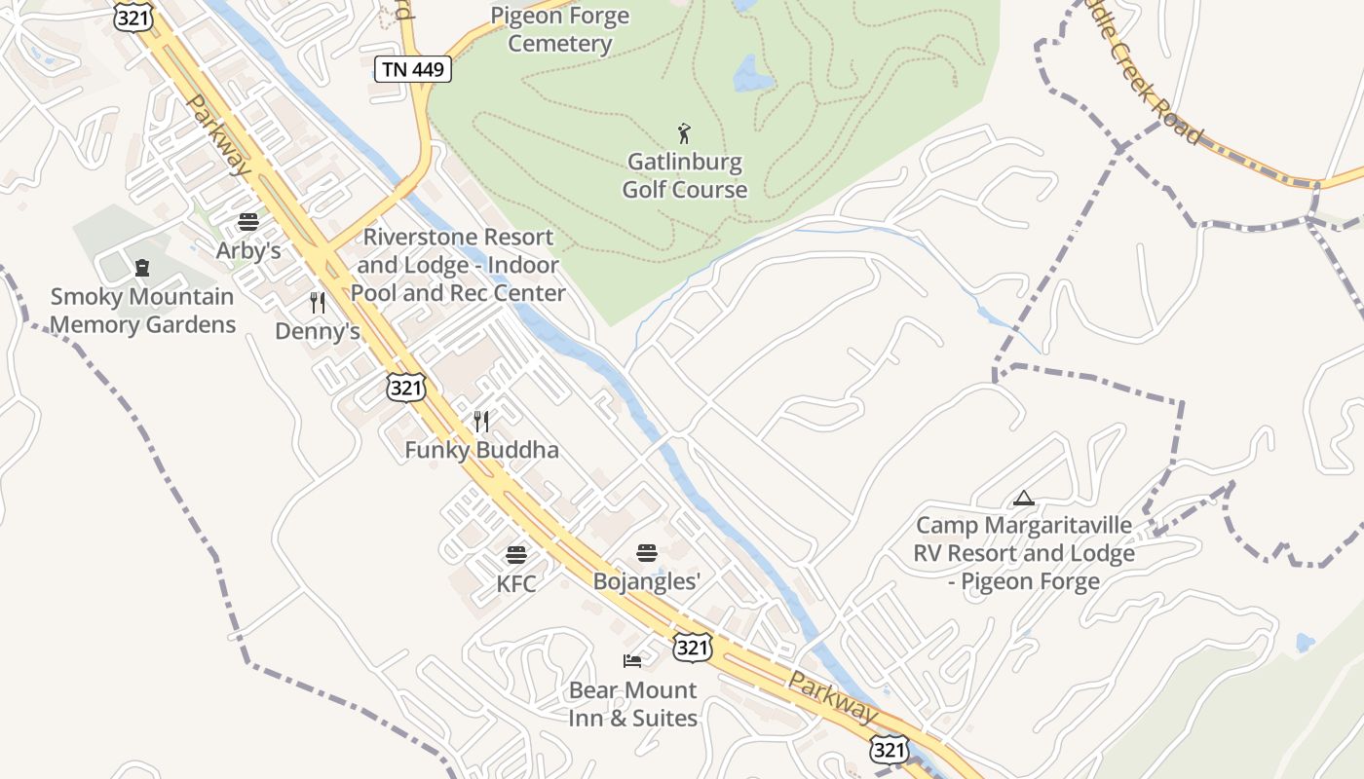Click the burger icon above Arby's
(x=248, y=222)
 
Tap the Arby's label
(x=248, y=250)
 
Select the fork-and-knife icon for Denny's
(x=317, y=303)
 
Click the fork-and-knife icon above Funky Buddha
(x=481, y=422)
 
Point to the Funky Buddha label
(x=481, y=450)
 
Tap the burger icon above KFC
(x=516, y=556)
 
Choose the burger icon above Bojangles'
(x=647, y=553)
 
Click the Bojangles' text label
(x=647, y=581)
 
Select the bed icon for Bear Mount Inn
(x=632, y=661)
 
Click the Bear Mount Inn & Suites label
(x=633, y=704)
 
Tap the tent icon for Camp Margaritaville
(x=1023, y=499)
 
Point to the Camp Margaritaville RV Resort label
(x=1024, y=553)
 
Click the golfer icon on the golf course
(x=684, y=133)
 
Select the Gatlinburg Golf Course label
(x=685, y=175)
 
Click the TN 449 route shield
(x=413, y=69)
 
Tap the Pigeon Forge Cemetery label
(x=559, y=29)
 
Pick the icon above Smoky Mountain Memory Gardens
(x=142, y=268)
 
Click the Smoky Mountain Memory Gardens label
(x=142, y=311)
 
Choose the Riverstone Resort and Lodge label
(x=458, y=265)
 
